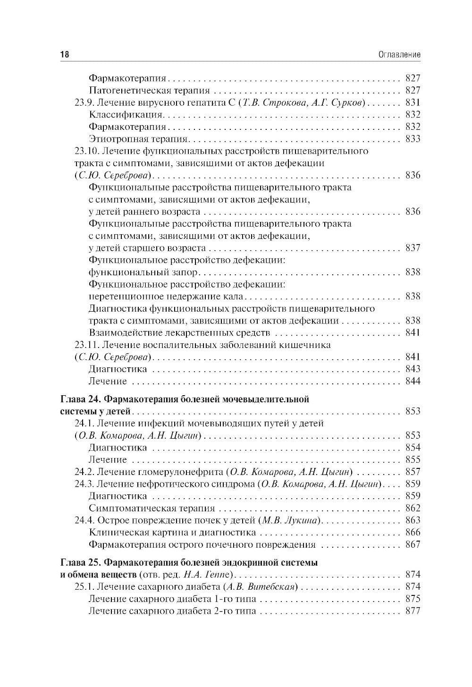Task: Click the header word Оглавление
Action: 399,55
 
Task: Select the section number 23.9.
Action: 85,102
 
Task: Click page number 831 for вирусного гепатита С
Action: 412,102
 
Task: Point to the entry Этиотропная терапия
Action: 138,139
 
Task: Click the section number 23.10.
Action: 87,151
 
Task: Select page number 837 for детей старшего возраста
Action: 412,248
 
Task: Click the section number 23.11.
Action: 87,345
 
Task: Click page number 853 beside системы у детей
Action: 412,411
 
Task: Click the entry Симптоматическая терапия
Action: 152,509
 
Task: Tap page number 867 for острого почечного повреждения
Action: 412,544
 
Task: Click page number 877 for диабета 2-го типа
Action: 412,611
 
